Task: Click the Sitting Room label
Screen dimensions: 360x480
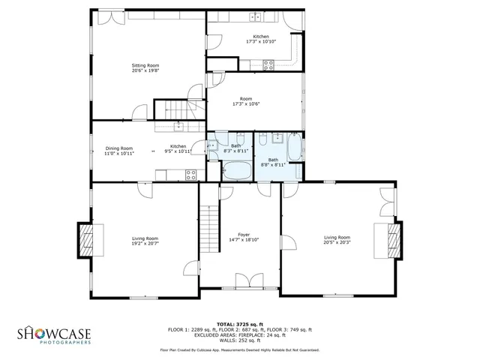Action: point(145,65)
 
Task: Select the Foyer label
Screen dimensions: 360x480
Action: point(244,235)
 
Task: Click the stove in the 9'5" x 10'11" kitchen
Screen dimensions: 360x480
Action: point(191,175)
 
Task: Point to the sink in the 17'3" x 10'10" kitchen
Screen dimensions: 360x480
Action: point(256,17)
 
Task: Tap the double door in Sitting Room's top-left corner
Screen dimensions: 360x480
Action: point(102,17)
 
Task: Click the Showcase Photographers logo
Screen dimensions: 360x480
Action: point(54,335)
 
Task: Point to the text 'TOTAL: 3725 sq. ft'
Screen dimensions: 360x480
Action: point(239,323)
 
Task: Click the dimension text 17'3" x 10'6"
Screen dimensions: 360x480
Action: point(245,104)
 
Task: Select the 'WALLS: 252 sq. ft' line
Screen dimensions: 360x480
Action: point(239,340)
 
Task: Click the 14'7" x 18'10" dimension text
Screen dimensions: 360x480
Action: point(244,240)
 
